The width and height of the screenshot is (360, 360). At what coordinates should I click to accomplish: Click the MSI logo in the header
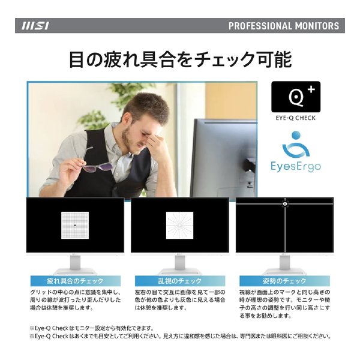(35, 26)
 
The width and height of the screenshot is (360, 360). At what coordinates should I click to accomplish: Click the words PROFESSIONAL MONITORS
(284, 26)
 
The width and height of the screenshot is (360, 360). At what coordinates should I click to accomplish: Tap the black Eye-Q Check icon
(296, 97)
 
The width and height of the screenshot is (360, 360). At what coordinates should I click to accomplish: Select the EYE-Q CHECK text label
(296, 118)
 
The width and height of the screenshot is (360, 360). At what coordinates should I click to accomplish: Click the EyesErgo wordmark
(296, 166)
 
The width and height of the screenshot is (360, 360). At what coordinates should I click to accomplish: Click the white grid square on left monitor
(75, 225)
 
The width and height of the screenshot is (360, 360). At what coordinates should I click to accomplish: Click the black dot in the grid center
(75, 225)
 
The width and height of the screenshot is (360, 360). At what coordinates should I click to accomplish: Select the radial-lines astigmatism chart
(179, 225)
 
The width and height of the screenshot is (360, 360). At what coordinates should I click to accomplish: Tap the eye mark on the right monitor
(285, 203)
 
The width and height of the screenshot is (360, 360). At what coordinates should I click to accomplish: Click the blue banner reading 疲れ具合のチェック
(76, 281)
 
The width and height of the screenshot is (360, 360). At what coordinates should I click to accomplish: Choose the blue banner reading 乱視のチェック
(180, 281)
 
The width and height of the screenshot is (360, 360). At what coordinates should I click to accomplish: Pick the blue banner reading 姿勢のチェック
(284, 281)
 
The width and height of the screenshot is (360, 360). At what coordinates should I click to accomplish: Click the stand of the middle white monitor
(180, 265)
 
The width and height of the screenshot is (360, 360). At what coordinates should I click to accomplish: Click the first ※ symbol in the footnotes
(32, 328)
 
